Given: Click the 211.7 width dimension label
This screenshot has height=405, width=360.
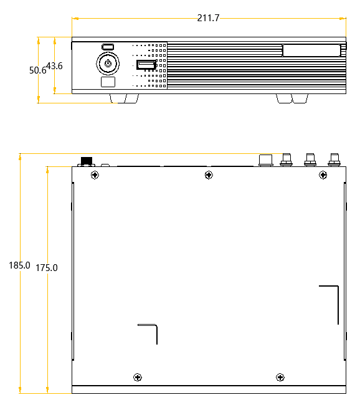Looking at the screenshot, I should click(x=208, y=18).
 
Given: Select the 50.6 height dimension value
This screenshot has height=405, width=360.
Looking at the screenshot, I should click(x=38, y=70).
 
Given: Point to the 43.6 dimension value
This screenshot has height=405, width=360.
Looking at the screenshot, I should click(x=54, y=65).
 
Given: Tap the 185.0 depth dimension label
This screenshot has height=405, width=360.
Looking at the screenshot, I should click(x=19, y=265).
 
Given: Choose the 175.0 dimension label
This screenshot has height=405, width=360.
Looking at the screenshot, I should click(x=47, y=268).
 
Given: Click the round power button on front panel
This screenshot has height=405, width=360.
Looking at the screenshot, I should click(x=108, y=63).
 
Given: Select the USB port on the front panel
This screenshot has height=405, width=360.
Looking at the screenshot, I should click(x=146, y=65).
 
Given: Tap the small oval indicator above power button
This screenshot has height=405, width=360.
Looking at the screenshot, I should click(x=108, y=47).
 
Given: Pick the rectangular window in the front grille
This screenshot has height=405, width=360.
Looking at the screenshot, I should click(x=311, y=50).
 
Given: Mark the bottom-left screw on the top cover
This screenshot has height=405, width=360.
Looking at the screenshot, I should click(x=137, y=377).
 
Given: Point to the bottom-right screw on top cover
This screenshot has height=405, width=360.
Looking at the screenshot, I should click(x=280, y=377).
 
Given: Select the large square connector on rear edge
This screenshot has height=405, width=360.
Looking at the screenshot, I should click(x=266, y=160).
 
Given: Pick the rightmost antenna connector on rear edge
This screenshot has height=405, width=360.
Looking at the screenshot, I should click(x=334, y=160).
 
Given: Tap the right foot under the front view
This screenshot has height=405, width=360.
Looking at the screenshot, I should click(x=291, y=98).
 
